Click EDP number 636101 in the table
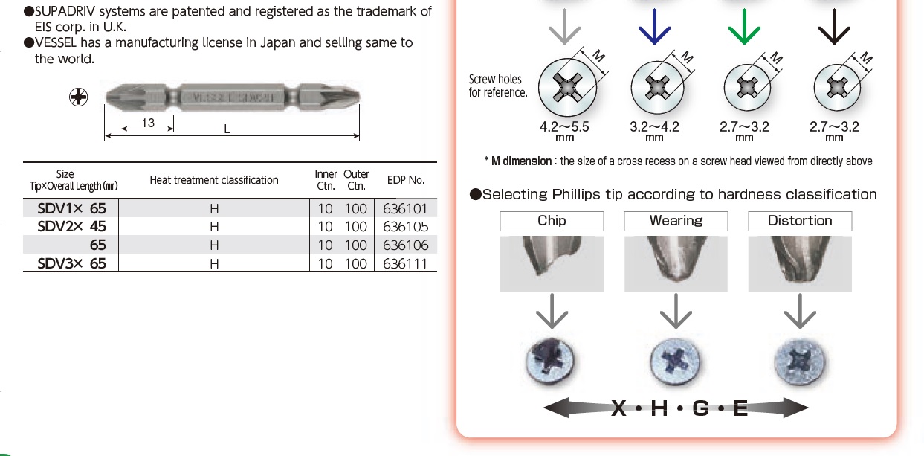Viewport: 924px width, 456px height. (x=405, y=209)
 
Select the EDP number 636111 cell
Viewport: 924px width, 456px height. (x=405, y=263)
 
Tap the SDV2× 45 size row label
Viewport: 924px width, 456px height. (x=72, y=227)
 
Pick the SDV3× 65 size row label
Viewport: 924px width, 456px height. (x=72, y=263)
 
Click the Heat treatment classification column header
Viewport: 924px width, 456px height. (x=214, y=180)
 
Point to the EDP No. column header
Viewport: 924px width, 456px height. (x=406, y=180)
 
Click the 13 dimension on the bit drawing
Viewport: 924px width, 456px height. (x=148, y=123)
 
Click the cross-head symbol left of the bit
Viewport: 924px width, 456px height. (x=78, y=97)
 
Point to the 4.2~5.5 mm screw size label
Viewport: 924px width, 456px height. (x=564, y=127)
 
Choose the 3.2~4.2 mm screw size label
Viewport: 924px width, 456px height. (x=654, y=127)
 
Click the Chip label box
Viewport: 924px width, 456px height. (x=552, y=221)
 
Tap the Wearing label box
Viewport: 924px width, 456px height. (x=676, y=221)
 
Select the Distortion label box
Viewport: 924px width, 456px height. (x=800, y=221)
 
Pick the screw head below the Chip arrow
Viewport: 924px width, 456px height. (x=551, y=363)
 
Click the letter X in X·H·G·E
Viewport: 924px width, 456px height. (x=619, y=408)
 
